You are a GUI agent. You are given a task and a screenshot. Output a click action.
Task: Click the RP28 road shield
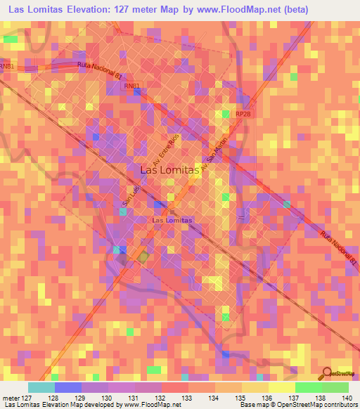[243, 113]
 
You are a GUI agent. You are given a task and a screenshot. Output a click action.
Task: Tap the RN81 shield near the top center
[131, 86]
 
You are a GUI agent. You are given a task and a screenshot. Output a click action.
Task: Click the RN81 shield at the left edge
[6, 67]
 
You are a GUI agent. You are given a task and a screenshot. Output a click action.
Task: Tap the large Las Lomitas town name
[172, 169]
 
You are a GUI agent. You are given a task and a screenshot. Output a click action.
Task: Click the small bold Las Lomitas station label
[172, 220]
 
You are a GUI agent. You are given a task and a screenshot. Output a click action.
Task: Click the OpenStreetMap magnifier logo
[326, 373]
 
